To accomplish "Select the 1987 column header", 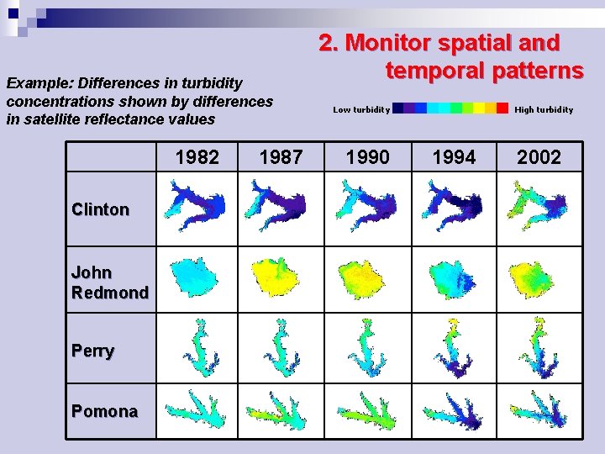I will tap(281, 157).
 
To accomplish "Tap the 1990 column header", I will tap(367, 157).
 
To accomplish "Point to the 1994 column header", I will tap(453, 157).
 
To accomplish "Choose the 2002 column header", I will tap(539, 157).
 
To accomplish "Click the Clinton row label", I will tap(101, 209).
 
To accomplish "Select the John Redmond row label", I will tap(110, 282).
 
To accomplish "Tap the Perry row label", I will tap(93, 351).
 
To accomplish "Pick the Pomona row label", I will tap(104, 411).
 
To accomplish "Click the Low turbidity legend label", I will tap(361, 109).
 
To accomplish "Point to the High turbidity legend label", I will tap(544, 109).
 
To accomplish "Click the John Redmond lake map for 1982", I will tap(193, 276).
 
